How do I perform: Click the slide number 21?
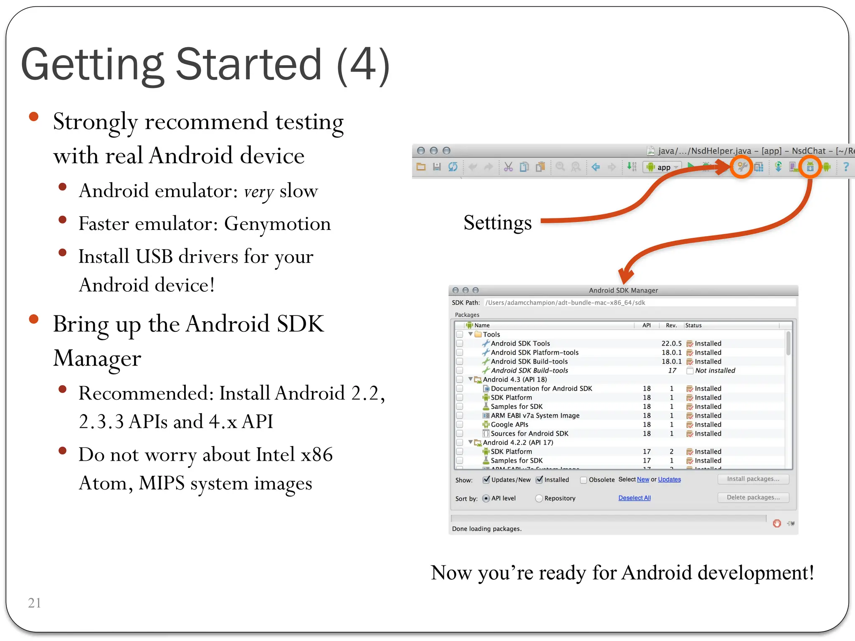pos(34,603)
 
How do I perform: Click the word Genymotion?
pos(277,224)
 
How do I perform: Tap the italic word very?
pos(259,192)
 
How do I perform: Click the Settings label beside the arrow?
pos(498,222)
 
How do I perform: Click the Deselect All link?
pos(634,498)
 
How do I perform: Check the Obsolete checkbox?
pos(584,480)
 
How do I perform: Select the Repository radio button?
pos(539,498)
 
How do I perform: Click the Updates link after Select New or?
pos(669,479)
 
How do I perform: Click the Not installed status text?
pos(715,371)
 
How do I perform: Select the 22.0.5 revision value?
pos(671,343)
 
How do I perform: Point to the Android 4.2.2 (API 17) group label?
pos(518,442)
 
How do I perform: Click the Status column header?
pos(693,326)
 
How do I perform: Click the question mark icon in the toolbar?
pos(846,167)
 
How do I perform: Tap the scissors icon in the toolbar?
pos(508,167)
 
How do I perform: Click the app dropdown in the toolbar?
pos(663,167)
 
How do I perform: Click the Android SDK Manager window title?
pos(623,290)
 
